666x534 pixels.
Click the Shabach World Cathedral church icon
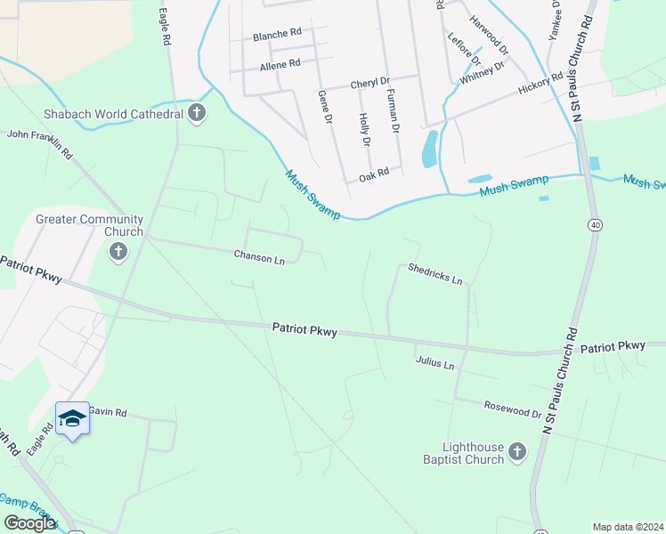[x=197, y=113]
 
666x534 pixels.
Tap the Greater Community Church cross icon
[x=117, y=253]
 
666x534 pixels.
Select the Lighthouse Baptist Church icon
[x=517, y=454]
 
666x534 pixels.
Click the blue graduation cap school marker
[x=72, y=418]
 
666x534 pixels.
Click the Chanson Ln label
[x=259, y=258]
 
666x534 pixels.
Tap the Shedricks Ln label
[x=435, y=274]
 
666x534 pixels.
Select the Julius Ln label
[x=435, y=364]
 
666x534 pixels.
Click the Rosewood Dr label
[x=513, y=409]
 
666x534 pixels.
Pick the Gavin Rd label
[x=108, y=413]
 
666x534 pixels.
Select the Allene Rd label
[x=280, y=64]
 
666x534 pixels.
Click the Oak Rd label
[x=374, y=173]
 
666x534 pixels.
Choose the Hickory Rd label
[x=541, y=84]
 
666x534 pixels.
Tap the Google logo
[x=30, y=523]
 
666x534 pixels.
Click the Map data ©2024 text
[x=628, y=527]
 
